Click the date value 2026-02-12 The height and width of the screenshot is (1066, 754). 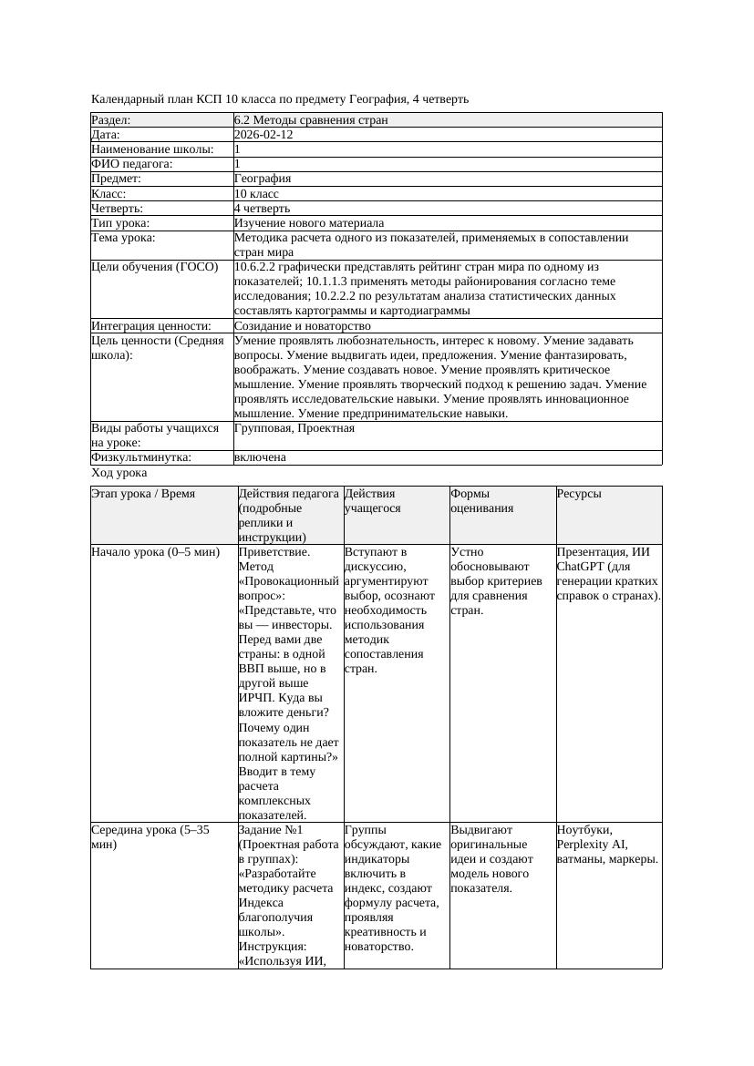pos(263,134)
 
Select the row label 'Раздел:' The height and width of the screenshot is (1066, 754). pos(111,119)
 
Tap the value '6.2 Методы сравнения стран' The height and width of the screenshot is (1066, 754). pos(311,119)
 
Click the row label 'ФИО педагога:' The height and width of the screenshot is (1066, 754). pos(132,164)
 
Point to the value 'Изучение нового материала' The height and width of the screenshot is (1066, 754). pos(309,223)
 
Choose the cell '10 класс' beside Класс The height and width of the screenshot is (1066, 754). pos(256,193)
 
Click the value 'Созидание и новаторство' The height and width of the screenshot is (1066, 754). pos(302,325)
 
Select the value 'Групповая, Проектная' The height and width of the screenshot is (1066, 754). pos(294,428)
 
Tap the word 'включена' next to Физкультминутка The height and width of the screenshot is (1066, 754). pos(260,457)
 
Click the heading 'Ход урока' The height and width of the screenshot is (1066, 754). pos(119,473)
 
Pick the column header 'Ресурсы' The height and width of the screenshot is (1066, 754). pos(578,494)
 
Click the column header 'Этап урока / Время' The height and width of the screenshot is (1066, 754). pos(143,494)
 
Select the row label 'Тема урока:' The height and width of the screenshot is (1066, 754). pos(123,238)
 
